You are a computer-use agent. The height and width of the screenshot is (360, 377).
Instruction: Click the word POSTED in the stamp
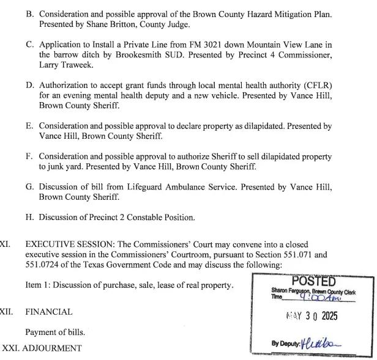tap(314, 282)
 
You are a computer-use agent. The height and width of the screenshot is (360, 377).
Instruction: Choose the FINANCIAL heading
tap(48, 312)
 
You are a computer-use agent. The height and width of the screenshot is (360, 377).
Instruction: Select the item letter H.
tap(29, 217)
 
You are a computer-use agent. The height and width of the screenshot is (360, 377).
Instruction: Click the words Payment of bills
tap(55, 332)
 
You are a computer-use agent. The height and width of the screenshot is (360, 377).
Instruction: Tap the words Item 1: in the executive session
tap(39, 285)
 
